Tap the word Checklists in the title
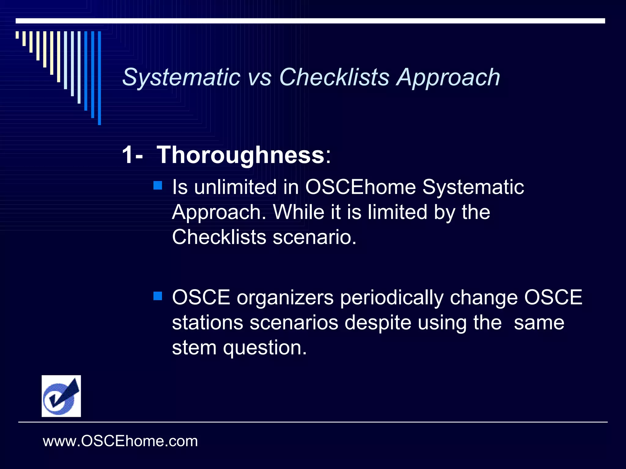334,77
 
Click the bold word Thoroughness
241,155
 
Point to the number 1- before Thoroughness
132,155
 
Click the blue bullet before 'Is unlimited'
158,185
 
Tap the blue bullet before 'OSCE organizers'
158,296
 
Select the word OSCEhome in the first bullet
360,187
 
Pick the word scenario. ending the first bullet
315,237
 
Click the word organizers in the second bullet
285,297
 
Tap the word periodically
392,297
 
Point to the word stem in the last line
194,347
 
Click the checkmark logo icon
61,396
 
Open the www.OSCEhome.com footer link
120,441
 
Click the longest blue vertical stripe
99,78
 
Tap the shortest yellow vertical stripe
17,35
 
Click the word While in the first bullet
298,212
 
